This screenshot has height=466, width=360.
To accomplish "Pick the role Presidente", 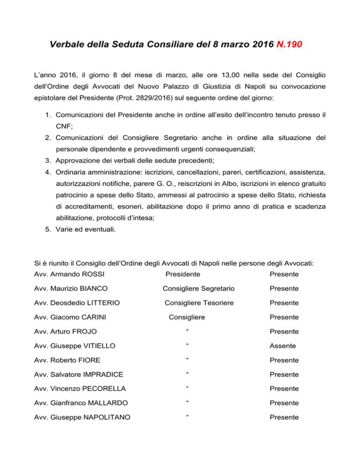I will (183, 274).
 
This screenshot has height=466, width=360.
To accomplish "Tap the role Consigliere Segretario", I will (199, 288).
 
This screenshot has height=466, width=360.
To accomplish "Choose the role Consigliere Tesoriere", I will (199, 303).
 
